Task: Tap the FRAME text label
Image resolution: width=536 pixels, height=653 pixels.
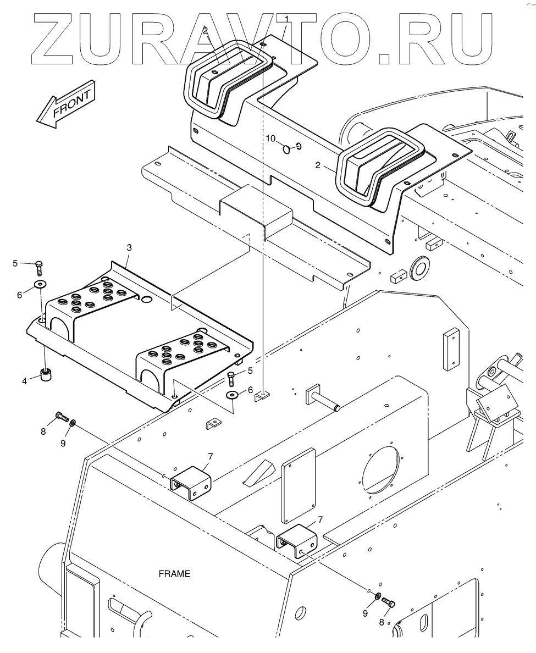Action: point(174,574)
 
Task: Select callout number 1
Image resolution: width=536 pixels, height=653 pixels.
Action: point(286,19)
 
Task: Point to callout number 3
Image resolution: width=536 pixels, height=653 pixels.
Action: point(129,248)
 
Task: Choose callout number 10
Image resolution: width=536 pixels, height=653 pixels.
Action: point(270,137)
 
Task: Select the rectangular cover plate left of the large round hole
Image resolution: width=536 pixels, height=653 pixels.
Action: point(298,484)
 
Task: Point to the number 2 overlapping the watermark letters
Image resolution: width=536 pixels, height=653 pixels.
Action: point(206,31)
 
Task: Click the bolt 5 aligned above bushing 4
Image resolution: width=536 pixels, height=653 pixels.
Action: point(40,268)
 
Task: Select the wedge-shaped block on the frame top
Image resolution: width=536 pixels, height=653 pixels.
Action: point(258,472)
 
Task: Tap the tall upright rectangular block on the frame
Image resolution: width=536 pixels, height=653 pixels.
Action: point(451,350)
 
